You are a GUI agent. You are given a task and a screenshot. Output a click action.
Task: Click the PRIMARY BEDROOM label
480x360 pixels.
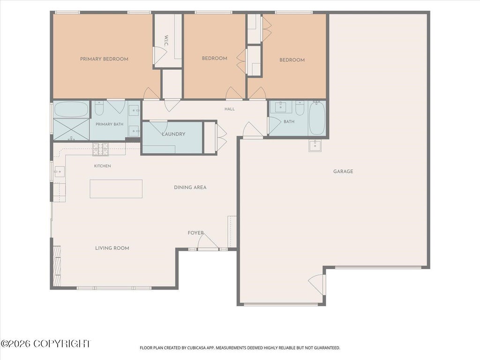(104, 59)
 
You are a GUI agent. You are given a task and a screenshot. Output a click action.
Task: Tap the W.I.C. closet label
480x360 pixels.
(166, 41)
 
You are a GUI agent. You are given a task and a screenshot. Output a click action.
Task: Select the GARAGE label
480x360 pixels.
(343, 172)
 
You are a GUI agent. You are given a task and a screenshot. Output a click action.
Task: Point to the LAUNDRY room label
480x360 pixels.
(173, 134)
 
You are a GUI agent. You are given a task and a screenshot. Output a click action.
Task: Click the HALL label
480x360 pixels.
(230, 109)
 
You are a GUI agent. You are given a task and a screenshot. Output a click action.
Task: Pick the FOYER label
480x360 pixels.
(195, 233)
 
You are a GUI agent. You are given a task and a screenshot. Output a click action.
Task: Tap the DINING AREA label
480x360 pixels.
(190, 187)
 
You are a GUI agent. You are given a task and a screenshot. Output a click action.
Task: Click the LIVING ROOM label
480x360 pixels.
(112, 248)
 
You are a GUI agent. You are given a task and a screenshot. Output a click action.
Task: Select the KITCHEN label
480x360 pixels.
(103, 166)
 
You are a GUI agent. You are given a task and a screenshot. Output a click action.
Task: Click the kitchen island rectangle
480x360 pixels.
(116, 189)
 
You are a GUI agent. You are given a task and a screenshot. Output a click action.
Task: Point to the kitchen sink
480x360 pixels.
(59, 172)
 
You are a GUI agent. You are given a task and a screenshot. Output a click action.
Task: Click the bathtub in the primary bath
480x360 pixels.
(71, 109)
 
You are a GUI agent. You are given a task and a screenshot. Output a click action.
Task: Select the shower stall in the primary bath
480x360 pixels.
(71, 129)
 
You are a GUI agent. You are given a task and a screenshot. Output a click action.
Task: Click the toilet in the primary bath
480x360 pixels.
(99, 107)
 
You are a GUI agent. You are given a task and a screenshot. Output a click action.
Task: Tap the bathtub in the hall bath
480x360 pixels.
(317, 118)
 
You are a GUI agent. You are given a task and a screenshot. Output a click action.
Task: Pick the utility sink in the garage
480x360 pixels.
(315, 146)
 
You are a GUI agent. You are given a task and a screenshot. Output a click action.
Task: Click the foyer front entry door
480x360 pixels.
(208, 241)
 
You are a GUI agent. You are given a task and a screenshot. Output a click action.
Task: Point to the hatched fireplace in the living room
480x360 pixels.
(57, 266)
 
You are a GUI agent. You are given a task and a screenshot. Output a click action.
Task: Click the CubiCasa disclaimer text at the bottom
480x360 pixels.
(240, 348)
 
